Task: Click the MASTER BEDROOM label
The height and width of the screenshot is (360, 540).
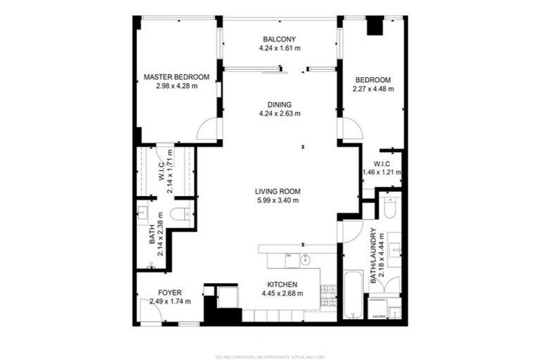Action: (176, 77)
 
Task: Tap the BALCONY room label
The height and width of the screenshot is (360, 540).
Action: (279, 39)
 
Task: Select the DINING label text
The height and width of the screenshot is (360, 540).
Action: (279, 104)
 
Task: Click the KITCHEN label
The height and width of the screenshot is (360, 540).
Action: (279, 284)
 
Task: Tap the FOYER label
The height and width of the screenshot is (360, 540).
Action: (169, 292)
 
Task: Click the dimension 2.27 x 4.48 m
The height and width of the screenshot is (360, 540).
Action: (373, 89)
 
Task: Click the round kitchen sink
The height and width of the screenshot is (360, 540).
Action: (305, 260)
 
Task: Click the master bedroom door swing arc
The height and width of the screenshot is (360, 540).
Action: (208, 128)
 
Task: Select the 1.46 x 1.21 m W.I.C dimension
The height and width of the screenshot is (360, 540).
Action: (381, 172)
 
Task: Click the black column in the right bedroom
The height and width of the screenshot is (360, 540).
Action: (376, 25)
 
